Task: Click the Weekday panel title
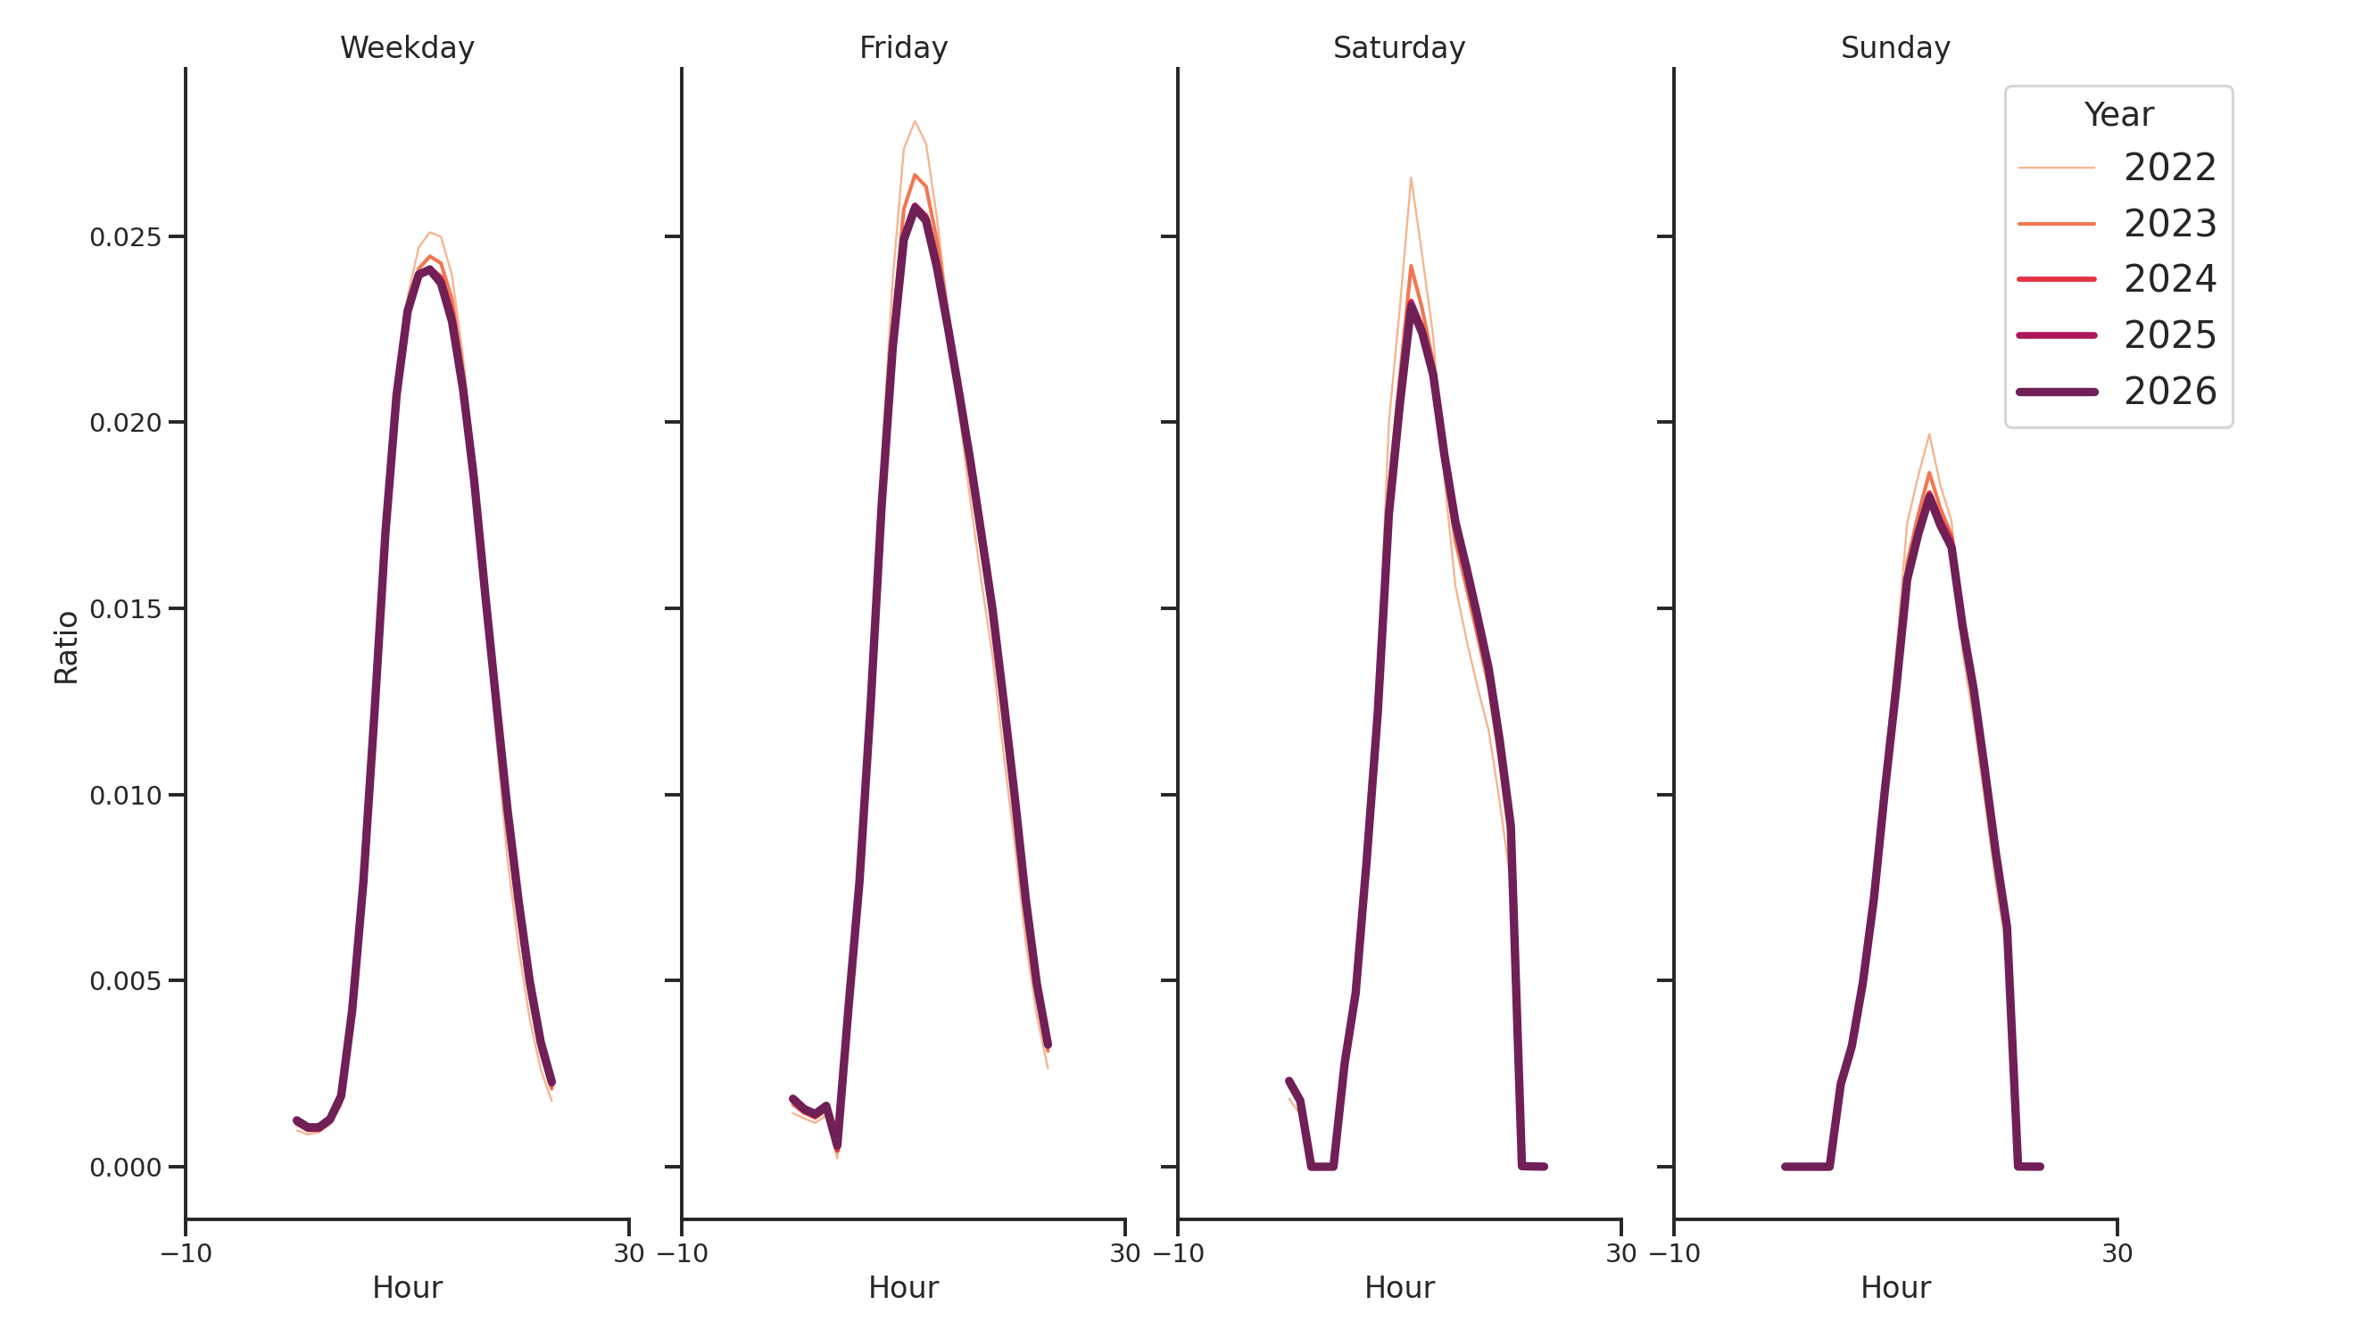point(407,48)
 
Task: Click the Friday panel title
point(902,48)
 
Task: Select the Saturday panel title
point(1398,48)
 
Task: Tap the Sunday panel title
point(1894,48)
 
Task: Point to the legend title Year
point(2117,115)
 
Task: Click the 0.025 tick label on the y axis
point(125,237)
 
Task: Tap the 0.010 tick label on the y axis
point(125,796)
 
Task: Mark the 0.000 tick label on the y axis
point(125,1168)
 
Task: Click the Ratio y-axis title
point(66,648)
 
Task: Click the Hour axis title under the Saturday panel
point(1398,1287)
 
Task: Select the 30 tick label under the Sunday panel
point(2116,1253)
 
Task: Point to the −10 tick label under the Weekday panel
point(186,1253)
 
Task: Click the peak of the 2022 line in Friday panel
point(915,121)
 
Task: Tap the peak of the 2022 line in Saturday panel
point(1411,178)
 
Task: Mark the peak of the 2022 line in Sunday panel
point(1928,434)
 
